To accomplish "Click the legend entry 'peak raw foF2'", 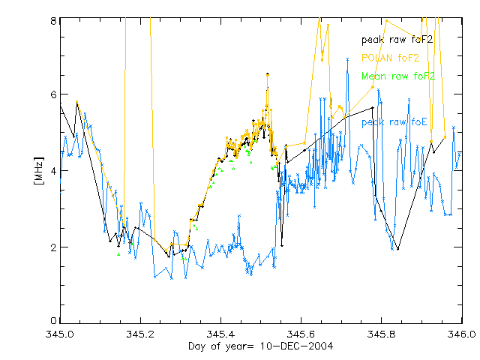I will [397, 39].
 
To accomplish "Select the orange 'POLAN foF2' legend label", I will [389, 57].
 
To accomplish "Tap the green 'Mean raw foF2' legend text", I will [397, 76].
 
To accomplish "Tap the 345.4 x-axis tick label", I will [220, 333].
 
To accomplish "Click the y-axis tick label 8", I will [53, 21].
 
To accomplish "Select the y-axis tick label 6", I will [53, 95].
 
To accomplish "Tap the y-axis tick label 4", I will [53, 171].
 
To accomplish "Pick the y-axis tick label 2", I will [53, 247].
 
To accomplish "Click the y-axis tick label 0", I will [53, 322].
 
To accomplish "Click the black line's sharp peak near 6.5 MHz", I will [268, 73].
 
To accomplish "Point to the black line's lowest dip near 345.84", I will [397, 249].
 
